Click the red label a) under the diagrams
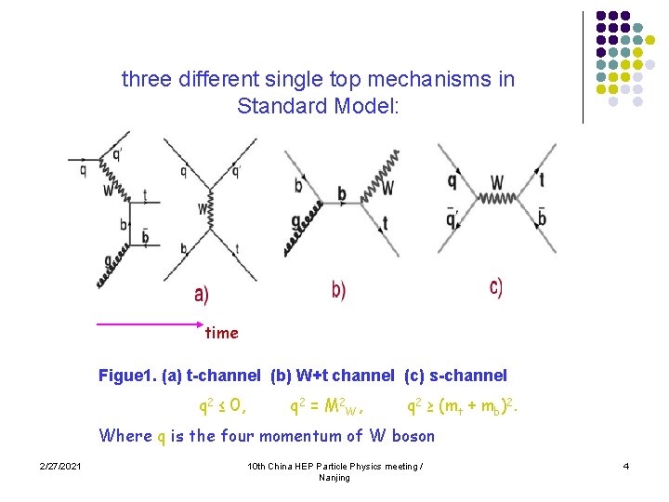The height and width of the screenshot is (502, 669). (x=202, y=295)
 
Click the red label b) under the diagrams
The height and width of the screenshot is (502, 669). (x=338, y=290)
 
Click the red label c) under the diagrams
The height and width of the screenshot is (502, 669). (x=496, y=287)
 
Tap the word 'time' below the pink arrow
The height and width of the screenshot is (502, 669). (x=221, y=333)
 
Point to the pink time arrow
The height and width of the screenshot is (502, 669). (x=149, y=324)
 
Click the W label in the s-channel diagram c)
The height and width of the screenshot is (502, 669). (x=497, y=182)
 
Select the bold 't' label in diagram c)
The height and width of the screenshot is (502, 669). (x=541, y=180)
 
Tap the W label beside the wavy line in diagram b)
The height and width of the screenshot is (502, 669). (x=387, y=189)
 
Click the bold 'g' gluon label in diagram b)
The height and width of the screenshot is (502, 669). (x=295, y=222)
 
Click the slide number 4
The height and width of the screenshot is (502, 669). (x=626, y=465)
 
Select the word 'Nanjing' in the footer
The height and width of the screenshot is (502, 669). (x=334, y=477)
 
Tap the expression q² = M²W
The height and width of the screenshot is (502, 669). (x=326, y=405)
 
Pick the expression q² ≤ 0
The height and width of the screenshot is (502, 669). (x=223, y=405)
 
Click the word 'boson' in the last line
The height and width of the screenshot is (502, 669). (x=413, y=435)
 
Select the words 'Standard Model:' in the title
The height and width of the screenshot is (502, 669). (x=318, y=106)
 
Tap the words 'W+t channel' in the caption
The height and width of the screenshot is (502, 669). (x=343, y=376)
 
